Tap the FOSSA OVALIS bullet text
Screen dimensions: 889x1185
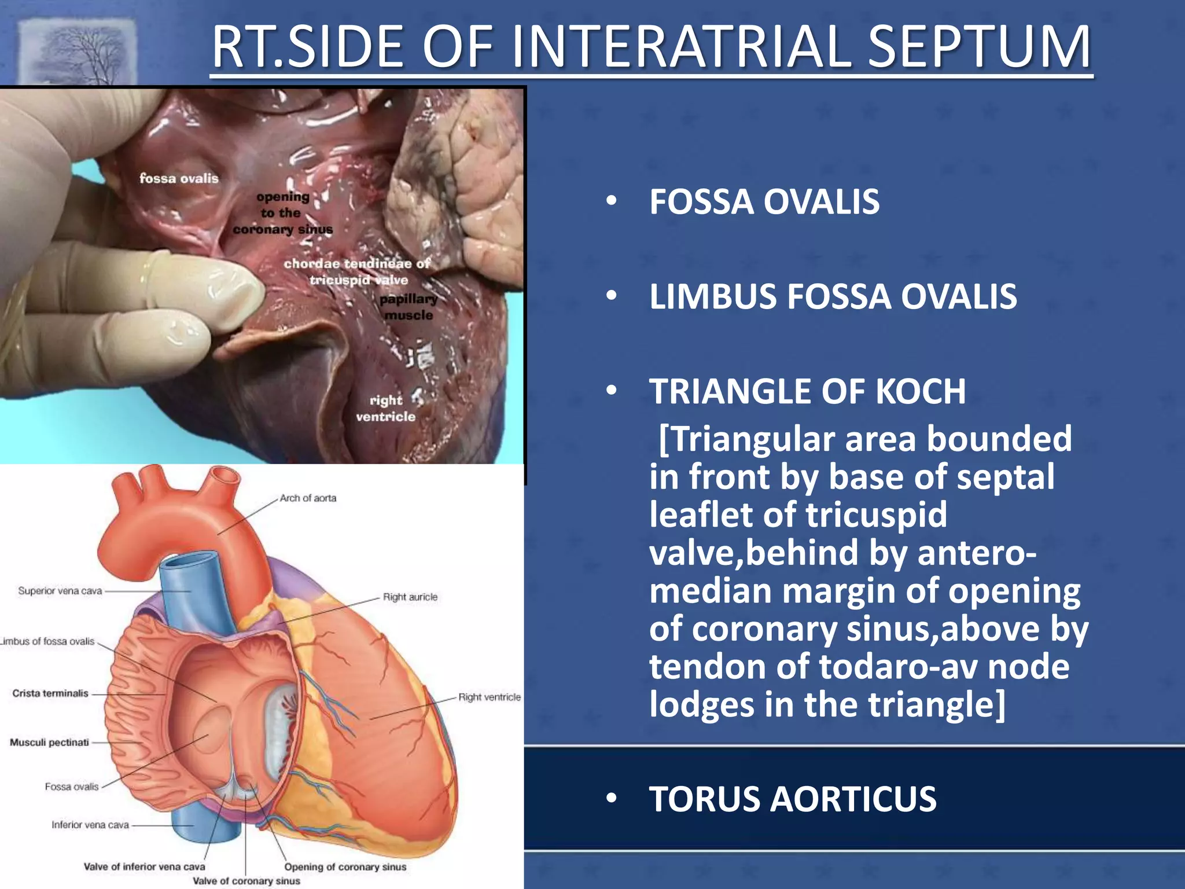[x=764, y=202]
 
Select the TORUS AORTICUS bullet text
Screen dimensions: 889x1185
[x=792, y=799]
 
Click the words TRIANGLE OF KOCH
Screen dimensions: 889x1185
[x=807, y=391]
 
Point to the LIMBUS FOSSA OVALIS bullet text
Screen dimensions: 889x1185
[x=833, y=297]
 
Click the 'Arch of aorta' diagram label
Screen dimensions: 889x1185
[x=308, y=498]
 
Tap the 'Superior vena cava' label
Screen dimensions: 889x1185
[x=60, y=591]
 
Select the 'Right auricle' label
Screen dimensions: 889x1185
[x=410, y=597]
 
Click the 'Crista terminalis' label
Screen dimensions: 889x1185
[x=50, y=693]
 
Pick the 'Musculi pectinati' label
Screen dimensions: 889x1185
[x=49, y=743]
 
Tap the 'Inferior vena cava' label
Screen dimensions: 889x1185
[x=90, y=825]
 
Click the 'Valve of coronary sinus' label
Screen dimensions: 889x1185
[x=246, y=881]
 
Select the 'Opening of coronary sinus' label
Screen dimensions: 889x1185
[x=345, y=867]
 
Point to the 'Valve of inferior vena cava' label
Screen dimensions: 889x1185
[x=144, y=867]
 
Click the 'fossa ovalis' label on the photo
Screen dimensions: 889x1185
[x=179, y=178]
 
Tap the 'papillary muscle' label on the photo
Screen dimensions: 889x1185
[x=409, y=307]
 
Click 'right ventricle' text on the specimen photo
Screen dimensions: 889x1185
[x=385, y=408]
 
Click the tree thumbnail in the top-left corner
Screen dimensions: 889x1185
[x=78, y=52]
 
